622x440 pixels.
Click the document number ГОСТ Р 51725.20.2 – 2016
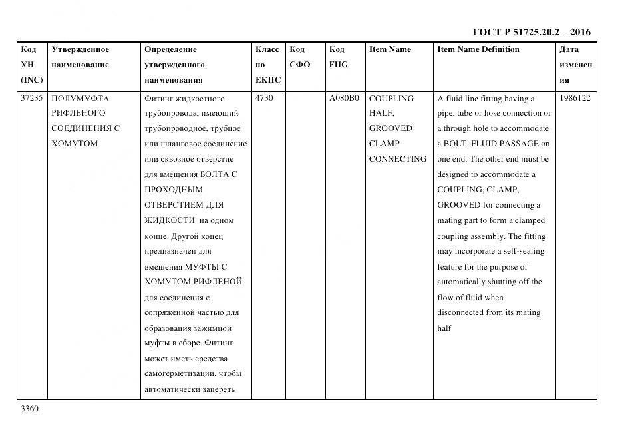(531, 32)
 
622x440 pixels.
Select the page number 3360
(31, 408)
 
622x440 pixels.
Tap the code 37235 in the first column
(31, 98)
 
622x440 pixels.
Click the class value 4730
(264, 98)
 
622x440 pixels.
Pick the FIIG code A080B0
(344, 98)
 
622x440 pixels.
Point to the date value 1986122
(575, 98)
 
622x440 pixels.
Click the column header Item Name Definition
(478, 49)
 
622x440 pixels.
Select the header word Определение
(170, 49)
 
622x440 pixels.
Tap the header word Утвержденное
(80, 49)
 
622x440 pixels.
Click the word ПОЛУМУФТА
(80, 98)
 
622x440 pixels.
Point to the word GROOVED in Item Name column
(390, 128)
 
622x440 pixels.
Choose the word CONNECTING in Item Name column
(397, 159)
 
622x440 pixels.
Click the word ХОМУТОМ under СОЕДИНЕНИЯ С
(74, 144)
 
